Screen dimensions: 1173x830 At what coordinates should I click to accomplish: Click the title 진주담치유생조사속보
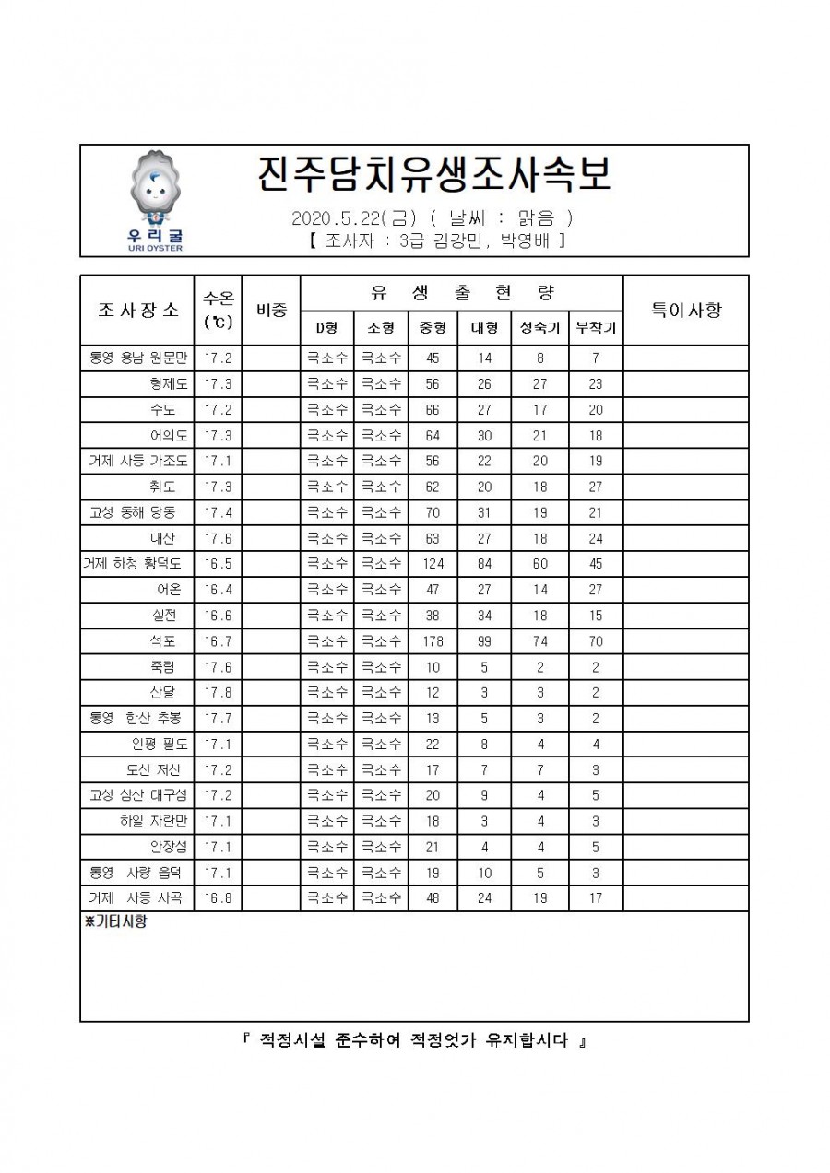pyautogui.click(x=433, y=175)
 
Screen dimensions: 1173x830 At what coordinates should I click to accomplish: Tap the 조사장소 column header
pyautogui.click(x=137, y=310)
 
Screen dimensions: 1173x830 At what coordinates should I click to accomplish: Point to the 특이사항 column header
pyautogui.click(x=686, y=310)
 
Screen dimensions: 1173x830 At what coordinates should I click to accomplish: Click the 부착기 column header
pyautogui.click(x=596, y=327)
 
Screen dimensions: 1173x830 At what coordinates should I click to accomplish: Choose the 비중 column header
pyautogui.click(x=271, y=310)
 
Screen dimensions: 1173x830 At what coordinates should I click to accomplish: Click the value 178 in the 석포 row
pyautogui.click(x=433, y=641)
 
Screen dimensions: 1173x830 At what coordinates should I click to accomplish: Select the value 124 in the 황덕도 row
pyautogui.click(x=433, y=564)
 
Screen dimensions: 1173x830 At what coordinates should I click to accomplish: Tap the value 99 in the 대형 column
pyautogui.click(x=484, y=641)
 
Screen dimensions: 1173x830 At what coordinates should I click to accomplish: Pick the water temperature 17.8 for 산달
pyautogui.click(x=218, y=693)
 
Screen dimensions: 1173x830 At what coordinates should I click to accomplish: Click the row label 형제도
pyautogui.click(x=169, y=383)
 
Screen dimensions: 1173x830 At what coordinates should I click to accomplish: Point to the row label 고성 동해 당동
pyautogui.click(x=138, y=512)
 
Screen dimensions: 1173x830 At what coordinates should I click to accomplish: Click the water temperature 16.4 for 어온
pyautogui.click(x=218, y=590)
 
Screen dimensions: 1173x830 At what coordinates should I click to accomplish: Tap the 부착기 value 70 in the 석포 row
pyautogui.click(x=596, y=641)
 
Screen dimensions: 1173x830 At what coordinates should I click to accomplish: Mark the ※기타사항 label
pyautogui.click(x=115, y=922)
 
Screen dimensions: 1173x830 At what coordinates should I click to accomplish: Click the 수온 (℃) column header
pyautogui.click(x=218, y=310)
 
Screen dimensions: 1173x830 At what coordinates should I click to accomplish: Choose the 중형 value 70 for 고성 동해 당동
pyautogui.click(x=433, y=512)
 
